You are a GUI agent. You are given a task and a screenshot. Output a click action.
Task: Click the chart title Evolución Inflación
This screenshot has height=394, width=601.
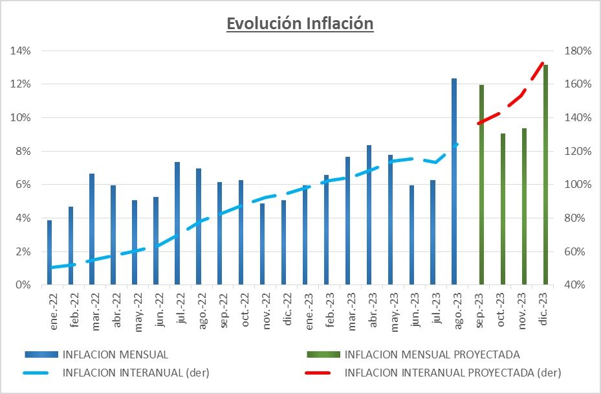(300, 23)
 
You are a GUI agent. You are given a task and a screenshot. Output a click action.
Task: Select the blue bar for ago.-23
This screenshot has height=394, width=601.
(454, 181)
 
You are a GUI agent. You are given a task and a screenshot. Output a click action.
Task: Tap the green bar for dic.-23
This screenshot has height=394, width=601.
(545, 175)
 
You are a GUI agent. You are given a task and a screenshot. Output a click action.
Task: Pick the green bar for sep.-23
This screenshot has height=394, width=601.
(481, 185)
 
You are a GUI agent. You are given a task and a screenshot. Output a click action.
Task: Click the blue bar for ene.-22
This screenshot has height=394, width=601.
(50, 253)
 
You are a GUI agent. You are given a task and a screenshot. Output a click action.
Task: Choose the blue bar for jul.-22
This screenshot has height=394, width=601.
(177, 224)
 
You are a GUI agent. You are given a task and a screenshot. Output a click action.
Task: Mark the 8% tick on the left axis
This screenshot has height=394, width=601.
(22, 151)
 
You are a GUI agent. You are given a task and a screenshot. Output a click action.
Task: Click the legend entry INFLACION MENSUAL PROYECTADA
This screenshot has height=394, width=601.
(432, 354)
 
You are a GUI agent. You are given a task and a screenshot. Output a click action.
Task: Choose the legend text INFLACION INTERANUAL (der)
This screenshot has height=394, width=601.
(136, 373)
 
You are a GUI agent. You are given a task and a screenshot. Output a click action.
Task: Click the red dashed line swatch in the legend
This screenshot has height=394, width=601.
(322, 373)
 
